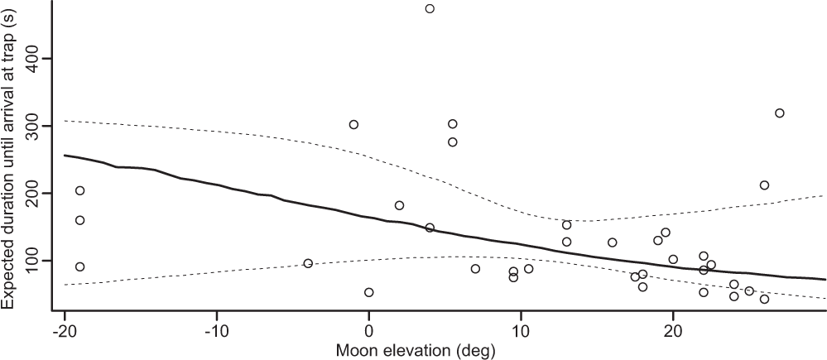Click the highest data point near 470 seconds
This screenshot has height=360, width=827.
click(430, 9)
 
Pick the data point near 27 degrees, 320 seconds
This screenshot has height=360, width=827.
click(779, 113)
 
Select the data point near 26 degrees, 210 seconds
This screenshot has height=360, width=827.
click(764, 185)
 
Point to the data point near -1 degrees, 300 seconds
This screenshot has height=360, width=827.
click(353, 125)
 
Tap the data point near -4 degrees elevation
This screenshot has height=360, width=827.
click(308, 263)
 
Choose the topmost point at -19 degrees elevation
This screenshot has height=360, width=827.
click(80, 190)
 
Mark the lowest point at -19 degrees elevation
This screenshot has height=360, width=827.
click(80, 266)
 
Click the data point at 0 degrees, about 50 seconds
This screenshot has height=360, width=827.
click(369, 292)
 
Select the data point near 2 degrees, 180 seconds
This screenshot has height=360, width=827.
click(399, 205)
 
